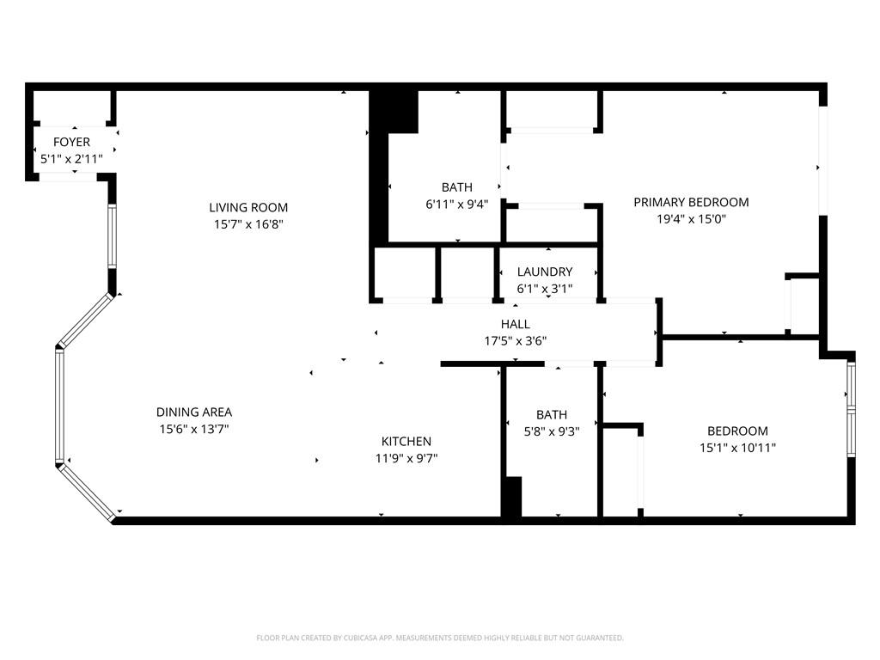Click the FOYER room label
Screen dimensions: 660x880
71,142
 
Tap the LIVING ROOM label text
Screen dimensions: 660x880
248,207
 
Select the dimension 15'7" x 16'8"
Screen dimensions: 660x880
248,224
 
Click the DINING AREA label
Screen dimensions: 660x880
194,412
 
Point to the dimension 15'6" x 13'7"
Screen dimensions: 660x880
194,429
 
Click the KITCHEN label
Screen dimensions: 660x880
406,441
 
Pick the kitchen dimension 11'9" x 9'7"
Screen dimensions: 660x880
406,458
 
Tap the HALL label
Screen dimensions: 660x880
516,324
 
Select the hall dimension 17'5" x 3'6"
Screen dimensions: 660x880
516,341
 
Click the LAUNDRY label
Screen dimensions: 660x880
544,272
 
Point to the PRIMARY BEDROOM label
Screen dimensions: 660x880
691,202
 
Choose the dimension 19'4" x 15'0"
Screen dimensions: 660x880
691,219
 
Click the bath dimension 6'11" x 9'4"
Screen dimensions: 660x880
456,205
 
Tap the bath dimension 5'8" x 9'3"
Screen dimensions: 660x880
551,432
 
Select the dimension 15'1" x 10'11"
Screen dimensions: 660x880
737,448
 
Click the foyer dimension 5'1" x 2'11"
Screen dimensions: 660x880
71,159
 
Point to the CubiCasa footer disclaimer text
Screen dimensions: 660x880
440,638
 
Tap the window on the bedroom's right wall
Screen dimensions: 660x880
851,408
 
